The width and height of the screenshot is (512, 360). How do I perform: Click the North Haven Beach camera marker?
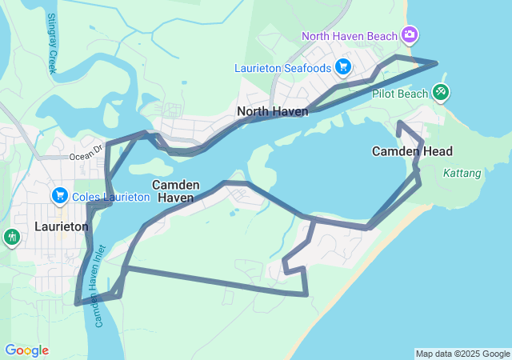pyautogui.click(x=410, y=34)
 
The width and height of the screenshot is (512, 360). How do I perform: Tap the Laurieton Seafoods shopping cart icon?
pyautogui.click(x=342, y=66)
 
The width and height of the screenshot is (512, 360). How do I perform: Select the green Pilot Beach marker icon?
pyautogui.click(x=440, y=93)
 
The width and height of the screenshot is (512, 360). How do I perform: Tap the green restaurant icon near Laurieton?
pyautogui.click(x=11, y=236)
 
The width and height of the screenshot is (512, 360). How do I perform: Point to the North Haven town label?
pyautogui.click(x=273, y=111)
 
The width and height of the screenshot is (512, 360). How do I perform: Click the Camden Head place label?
pyautogui.click(x=413, y=151)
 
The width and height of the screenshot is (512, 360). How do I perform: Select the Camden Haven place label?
pyautogui.click(x=176, y=190)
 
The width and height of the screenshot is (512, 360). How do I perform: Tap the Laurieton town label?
pyautogui.click(x=62, y=226)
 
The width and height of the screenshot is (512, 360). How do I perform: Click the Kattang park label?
pyautogui.click(x=462, y=172)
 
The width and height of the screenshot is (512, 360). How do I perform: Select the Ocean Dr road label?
pyautogui.click(x=86, y=148)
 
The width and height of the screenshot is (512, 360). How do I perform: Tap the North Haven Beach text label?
pyautogui.click(x=350, y=35)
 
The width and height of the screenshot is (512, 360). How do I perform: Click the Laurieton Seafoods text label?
pyautogui.click(x=282, y=68)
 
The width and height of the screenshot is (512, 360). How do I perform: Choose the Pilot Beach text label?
pyautogui.click(x=400, y=94)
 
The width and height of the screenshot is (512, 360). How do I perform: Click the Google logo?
pyautogui.click(x=26, y=350)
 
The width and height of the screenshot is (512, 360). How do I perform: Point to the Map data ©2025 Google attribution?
pyautogui.click(x=462, y=354)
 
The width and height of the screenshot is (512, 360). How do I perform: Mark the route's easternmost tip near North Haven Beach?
pyautogui.click(x=437, y=62)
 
